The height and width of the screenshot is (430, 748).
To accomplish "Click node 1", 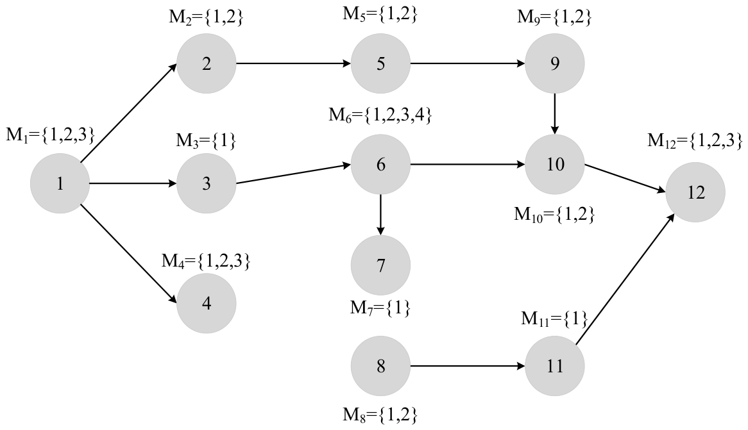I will click(60, 184).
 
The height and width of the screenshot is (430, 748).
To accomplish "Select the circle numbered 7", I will click(380, 265).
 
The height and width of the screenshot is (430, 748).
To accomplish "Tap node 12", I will click(695, 192).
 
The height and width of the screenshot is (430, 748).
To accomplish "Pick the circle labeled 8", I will click(380, 367).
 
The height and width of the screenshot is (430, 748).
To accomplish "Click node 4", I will click(206, 303).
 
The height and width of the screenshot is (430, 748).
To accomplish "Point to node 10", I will click(555, 165).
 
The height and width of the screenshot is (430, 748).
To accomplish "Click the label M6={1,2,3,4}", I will click(380, 115).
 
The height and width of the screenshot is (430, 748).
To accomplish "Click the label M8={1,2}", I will click(380, 415).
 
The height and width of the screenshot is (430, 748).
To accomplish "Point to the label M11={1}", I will click(554, 318).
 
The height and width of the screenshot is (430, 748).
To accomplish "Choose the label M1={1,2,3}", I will click(51, 135).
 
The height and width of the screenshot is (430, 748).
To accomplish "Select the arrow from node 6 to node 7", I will click(380, 215).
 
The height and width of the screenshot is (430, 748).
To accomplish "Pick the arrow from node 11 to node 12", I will click(625, 281).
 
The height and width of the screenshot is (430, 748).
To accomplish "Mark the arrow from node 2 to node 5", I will click(293, 63).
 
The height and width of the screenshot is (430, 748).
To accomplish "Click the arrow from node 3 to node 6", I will click(293, 174).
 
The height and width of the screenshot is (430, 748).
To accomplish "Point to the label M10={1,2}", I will click(555, 215).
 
